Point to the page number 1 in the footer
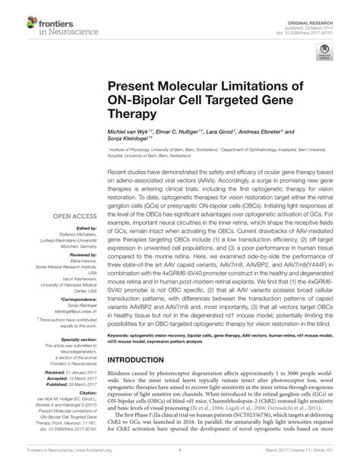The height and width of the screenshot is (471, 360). point(180,460)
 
